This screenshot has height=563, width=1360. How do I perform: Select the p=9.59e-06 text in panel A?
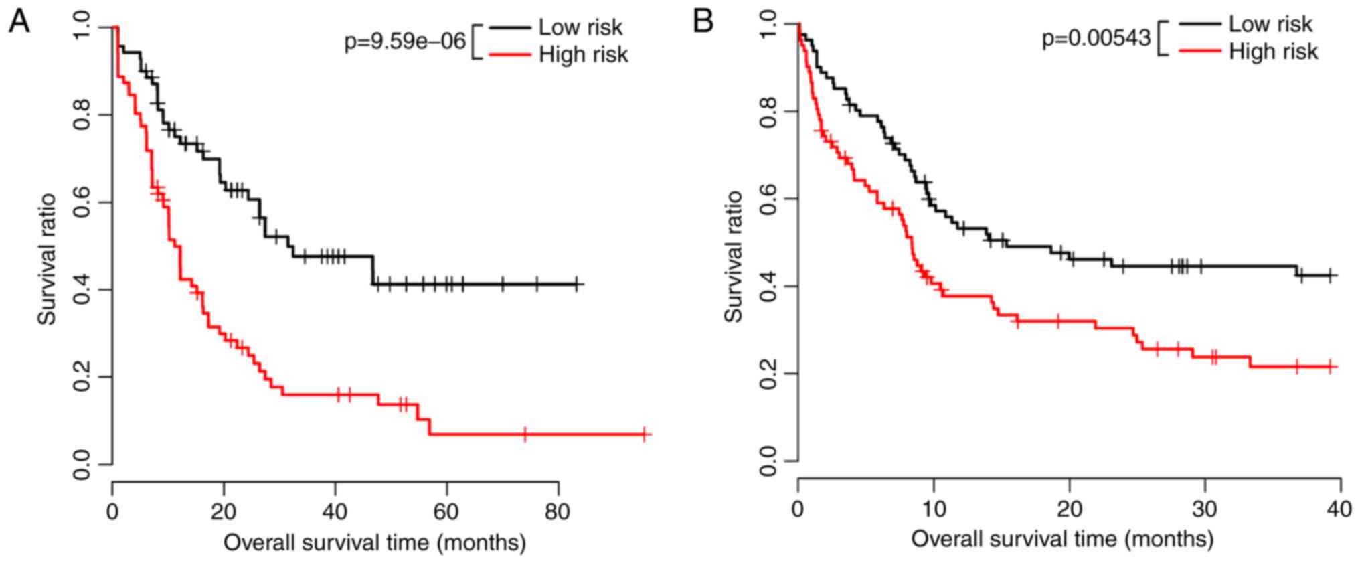click(405, 42)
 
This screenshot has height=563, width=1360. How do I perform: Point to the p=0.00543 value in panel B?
click(1096, 39)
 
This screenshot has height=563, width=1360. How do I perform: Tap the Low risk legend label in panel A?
click(580, 27)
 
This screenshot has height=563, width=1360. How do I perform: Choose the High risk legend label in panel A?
click(584, 54)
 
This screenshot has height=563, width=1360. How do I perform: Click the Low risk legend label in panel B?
click(1270, 24)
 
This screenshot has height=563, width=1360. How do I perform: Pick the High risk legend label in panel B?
click(1274, 52)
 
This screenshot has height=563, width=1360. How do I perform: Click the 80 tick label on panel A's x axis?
click(558, 513)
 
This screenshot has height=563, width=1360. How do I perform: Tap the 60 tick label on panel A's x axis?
click(446, 513)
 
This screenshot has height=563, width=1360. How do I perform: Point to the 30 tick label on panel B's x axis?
click(1205, 509)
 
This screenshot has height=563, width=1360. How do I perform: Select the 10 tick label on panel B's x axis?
click(934, 509)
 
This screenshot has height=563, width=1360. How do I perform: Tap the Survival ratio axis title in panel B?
click(734, 256)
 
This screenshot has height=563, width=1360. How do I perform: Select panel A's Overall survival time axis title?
click(374, 542)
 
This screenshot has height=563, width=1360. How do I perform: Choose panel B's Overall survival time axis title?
click(1061, 539)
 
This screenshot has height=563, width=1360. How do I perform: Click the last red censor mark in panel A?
click(644, 434)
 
